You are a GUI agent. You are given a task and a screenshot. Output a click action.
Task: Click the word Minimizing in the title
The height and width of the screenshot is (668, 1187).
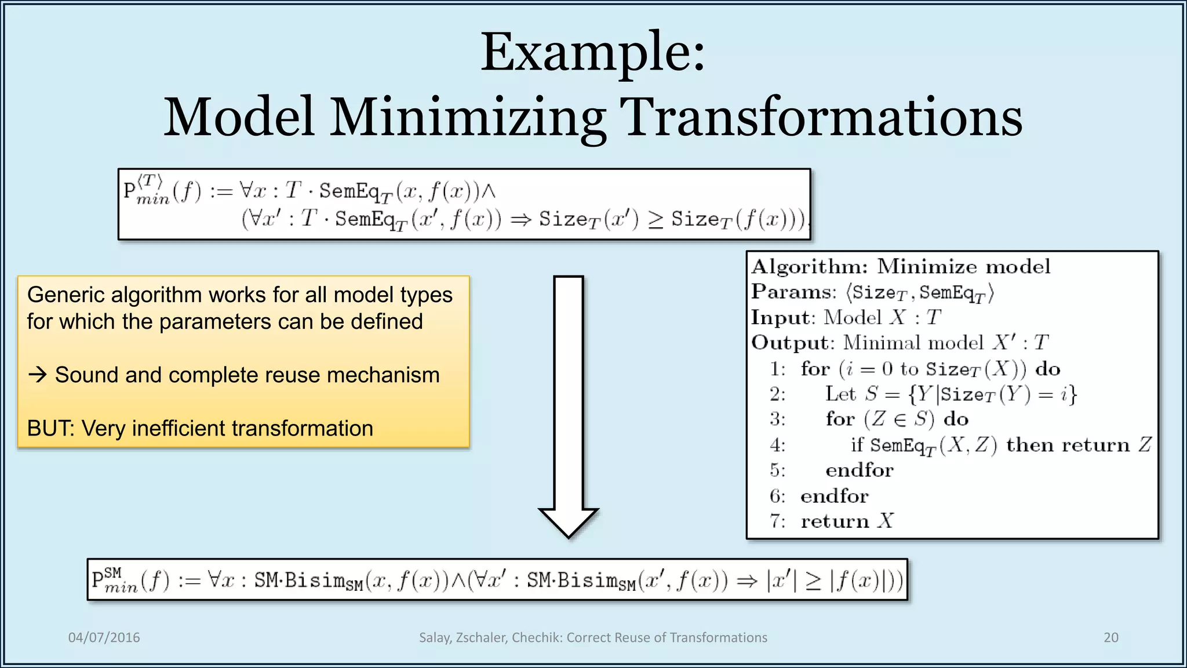(x=467, y=118)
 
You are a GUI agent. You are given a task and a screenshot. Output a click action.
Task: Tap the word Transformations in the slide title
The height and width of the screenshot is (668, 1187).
(x=820, y=118)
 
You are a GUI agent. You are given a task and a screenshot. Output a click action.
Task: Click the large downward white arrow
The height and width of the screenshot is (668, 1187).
(x=568, y=406)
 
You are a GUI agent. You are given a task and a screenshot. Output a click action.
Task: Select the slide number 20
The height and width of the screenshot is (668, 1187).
(x=1110, y=637)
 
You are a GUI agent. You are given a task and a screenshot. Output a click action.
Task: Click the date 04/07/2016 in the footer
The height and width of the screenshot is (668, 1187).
(x=104, y=637)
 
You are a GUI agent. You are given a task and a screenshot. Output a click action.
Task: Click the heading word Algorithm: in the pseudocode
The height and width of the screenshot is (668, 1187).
(x=809, y=267)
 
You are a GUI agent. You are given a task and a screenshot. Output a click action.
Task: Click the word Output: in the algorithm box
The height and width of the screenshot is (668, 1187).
(x=792, y=343)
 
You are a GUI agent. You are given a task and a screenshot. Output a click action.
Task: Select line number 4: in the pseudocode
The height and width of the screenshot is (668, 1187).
(x=777, y=445)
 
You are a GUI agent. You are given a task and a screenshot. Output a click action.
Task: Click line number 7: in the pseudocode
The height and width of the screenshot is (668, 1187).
(x=777, y=521)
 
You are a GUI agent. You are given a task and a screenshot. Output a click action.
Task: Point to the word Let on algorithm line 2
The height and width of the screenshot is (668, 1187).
(x=840, y=394)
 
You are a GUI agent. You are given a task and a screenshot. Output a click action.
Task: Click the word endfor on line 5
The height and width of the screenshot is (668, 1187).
(x=859, y=470)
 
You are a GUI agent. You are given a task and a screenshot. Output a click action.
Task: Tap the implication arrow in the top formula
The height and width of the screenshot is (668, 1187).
(x=520, y=220)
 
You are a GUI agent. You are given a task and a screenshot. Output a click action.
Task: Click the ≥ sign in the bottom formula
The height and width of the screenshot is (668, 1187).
(x=813, y=582)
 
